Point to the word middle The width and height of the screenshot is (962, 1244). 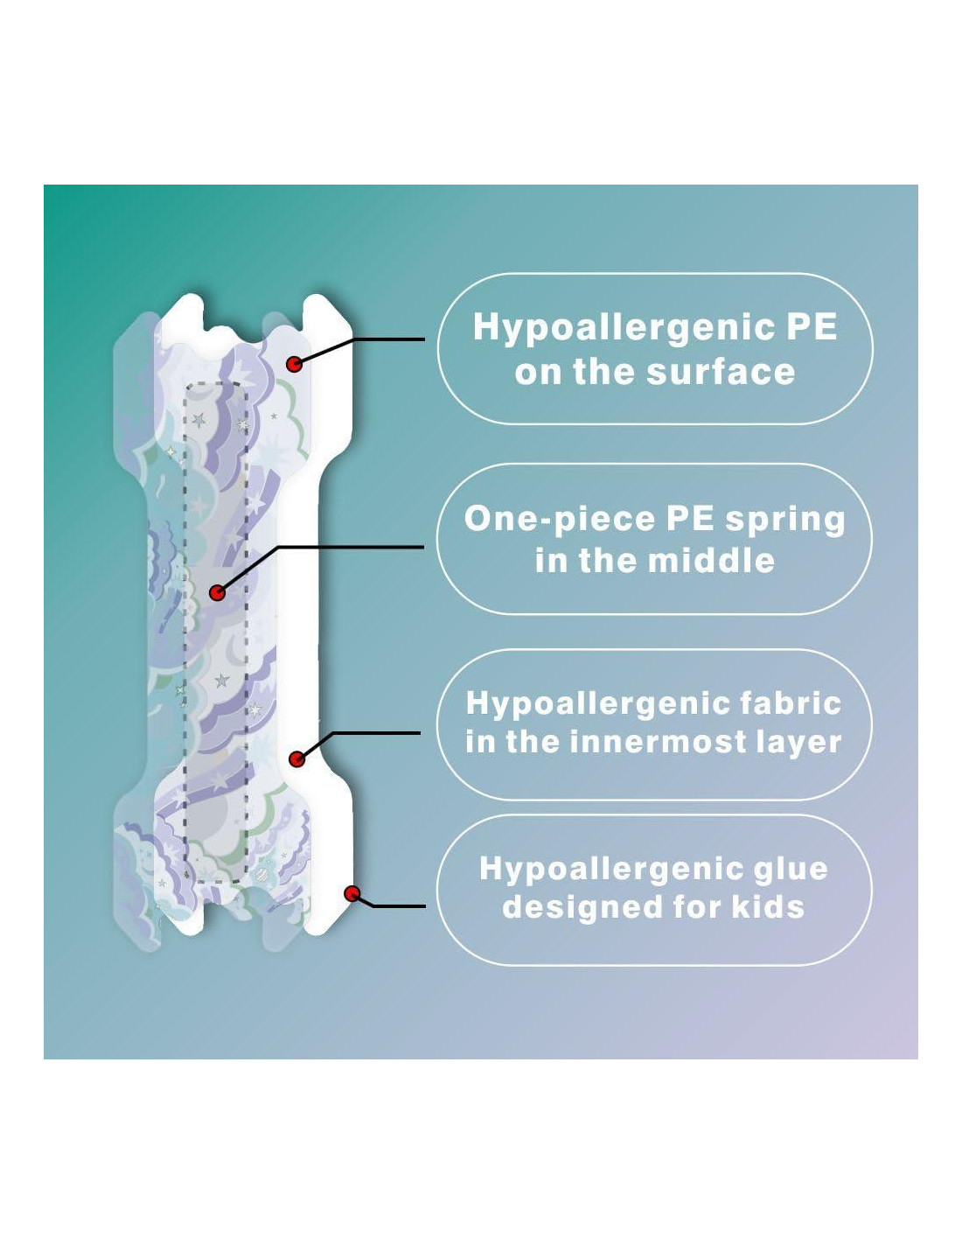(x=717, y=560)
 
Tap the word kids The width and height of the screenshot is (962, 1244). (x=768, y=906)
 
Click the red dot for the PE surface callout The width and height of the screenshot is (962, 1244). (x=295, y=363)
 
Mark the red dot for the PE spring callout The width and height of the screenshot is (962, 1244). (x=217, y=593)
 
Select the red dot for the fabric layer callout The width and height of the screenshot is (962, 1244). (x=297, y=758)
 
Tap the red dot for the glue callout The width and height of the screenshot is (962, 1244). (x=352, y=893)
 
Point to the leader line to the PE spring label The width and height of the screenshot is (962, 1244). (x=350, y=548)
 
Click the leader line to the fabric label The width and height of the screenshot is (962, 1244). (x=376, y=733)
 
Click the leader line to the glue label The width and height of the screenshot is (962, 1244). (x=398, y=905)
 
